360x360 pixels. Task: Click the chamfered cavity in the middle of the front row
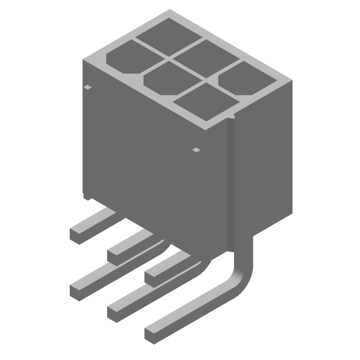click(166, 78)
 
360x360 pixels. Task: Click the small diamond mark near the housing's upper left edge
click(88, 87)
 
